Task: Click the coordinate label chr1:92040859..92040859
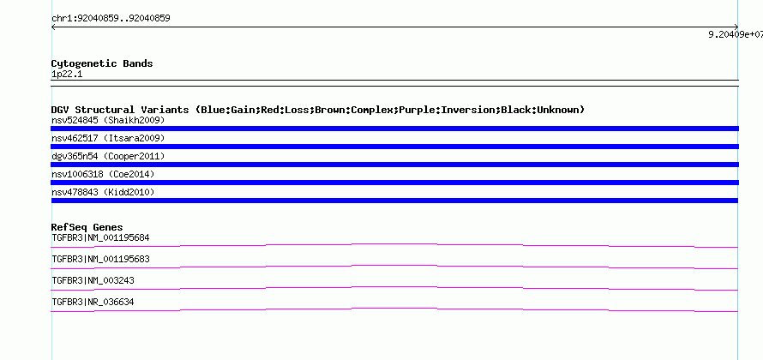[111, 19]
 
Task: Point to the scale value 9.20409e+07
[736, 34]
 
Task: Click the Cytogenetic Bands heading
[102, 63]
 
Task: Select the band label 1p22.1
[67, 75]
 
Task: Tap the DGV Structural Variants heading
[318, 110]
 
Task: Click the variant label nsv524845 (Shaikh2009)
[108, 120]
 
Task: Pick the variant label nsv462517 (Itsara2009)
[108, 138]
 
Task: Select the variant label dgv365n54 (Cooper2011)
[108, 156]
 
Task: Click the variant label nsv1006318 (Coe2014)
[103, 174]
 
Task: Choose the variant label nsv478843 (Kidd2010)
[103, 192]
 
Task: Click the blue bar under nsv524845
[394, 129]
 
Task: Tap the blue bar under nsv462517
[394, 147]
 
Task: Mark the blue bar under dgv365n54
[394, 165]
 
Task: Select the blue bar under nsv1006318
[394, 183]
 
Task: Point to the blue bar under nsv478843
[394, 201]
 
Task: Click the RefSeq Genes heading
[87, 227]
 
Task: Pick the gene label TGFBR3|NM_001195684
[100, 238]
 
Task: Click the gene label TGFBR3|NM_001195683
[100, 260]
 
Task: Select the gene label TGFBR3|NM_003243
[93, 280]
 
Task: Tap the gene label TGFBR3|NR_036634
[93, 302]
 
